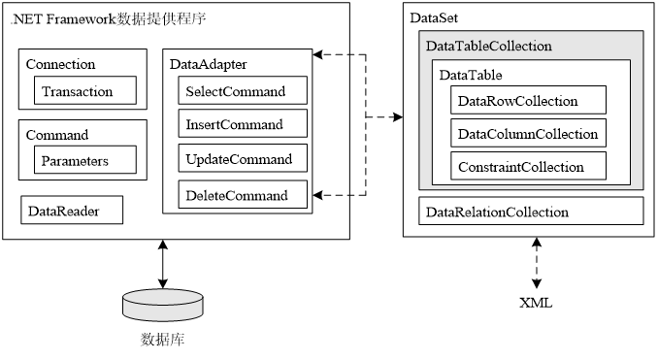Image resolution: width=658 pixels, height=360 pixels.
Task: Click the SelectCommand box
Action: tap(243, 91)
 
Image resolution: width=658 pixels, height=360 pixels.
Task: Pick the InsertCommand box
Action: tap(243, 124)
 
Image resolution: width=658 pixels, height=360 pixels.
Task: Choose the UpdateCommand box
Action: tap(243, 159)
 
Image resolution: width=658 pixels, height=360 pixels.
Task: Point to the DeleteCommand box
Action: tap(243, 195)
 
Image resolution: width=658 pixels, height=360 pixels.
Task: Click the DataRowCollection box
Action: tap(528, 101)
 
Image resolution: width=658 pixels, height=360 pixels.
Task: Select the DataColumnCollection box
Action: tap(528, 134)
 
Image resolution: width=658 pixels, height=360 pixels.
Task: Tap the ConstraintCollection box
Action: tap(528, 167)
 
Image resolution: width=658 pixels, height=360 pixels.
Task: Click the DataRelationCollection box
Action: tap(531, 212)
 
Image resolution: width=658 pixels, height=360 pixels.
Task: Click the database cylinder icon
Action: tap(164, 303)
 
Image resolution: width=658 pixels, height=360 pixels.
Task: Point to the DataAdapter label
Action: tap(208, 65)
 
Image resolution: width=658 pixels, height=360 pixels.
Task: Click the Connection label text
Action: tap(60, 65)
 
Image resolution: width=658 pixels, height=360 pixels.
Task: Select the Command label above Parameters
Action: tap(56, 135)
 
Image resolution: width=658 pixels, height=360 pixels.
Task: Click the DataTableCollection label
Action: tap(488, 46)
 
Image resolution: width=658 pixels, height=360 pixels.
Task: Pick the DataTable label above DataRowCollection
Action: tap(471, 75)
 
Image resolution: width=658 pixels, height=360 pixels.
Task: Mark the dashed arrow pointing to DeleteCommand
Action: tap(332, 195)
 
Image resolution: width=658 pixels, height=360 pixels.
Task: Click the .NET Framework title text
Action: tap(107, 18)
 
